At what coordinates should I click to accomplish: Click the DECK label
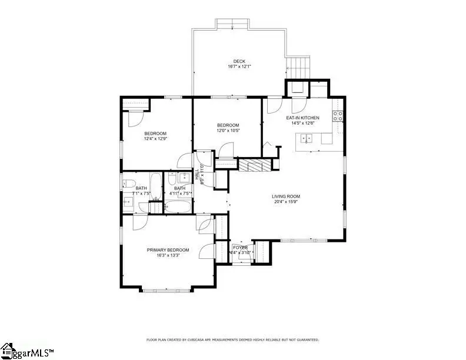(239, 61)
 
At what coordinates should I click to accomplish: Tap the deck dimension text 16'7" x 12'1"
(239, 66)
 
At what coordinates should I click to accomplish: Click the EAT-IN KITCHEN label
(303, 118)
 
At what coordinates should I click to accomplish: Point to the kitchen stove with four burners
(338, 116)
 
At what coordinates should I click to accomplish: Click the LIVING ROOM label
(286, 196)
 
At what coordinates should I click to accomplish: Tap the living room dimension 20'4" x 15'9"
(286, 202)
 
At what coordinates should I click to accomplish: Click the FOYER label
(240, 248)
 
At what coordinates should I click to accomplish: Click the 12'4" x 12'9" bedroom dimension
(155, 139)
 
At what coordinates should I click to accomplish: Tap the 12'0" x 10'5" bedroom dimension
(228, 131)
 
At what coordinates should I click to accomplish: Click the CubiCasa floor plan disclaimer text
(232, 340)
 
